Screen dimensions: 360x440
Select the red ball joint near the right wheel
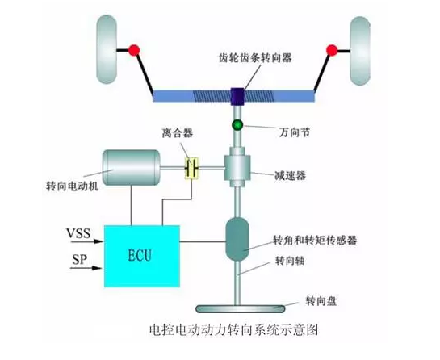(x=329, y=51)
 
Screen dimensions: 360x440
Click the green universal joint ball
(x=238, y=125)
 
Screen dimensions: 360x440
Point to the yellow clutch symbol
(x=192, y=168)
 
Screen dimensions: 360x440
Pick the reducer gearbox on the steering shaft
(x=238, y=169)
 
